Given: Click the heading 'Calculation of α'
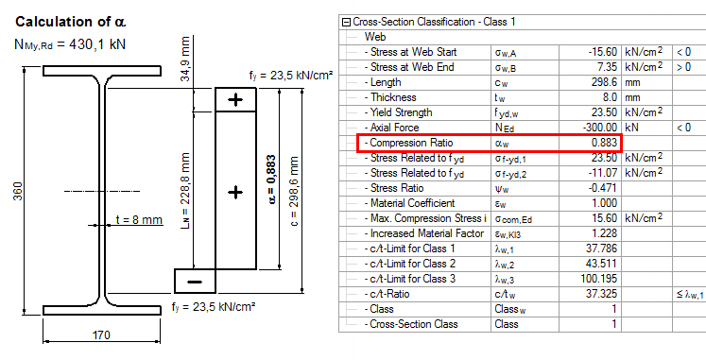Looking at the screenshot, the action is click(71, 22).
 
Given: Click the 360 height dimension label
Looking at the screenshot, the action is click(18, 191).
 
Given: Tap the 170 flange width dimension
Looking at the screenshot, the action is click(101, 335).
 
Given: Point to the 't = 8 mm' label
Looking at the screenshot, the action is click(139, 219).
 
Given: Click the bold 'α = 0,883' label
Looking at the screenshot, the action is click(272, 180).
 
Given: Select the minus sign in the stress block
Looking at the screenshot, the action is click(195, 282).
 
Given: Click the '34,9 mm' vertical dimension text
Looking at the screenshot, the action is click(184, 60).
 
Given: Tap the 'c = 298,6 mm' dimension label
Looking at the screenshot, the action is click(294, 191).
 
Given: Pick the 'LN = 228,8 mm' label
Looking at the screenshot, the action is click(184, 190).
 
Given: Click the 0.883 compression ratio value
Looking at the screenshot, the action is click(604, 143).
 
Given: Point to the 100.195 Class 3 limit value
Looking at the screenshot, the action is click(599, 279).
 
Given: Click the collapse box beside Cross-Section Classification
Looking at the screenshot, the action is click(346, 22).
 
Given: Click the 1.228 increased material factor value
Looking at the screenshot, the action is click(604, 233).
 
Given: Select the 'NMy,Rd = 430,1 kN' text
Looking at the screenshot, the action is click(70, 44).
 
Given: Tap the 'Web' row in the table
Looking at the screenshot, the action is click(375, 37).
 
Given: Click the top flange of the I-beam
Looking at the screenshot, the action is click(102, 71).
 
